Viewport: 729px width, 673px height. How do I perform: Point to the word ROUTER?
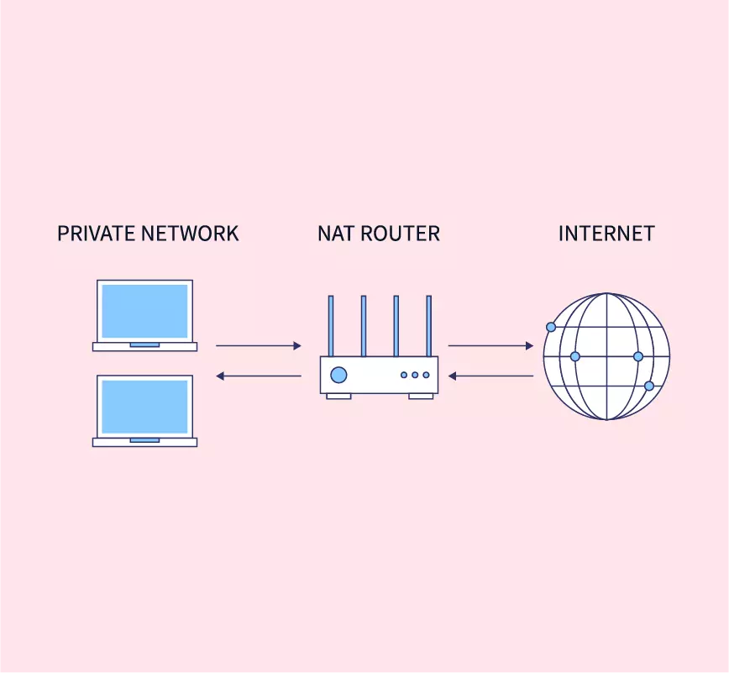[402, 234]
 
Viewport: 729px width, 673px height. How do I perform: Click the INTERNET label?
[606, 234]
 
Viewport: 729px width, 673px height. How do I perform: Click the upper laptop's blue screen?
[144, 311]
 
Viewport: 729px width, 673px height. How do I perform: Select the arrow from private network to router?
[258, 345]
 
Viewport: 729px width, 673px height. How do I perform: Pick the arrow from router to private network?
[258, 376]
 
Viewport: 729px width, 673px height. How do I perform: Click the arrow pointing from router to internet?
[490, 345]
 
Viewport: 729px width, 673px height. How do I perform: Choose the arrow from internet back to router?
[490, 376]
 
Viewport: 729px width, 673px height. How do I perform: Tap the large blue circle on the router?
[338, 375]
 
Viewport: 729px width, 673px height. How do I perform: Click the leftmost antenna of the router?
[331, 325]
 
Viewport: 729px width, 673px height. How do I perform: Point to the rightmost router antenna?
[428, 325]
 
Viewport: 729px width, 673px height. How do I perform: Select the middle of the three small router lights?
[415, 375]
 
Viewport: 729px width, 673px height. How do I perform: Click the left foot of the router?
[338, 396]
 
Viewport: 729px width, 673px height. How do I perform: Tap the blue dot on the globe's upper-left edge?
[551, 327]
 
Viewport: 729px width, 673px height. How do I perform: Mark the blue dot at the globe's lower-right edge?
[649, 386]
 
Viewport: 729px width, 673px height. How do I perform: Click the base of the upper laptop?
[144, 346]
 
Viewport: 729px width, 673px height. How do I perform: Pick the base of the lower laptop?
[144, 442]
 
